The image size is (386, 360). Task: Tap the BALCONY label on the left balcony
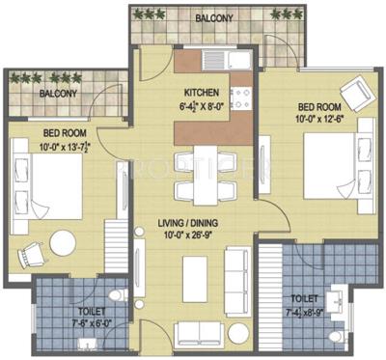pos(59,95)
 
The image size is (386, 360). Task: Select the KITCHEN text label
pos(204,95)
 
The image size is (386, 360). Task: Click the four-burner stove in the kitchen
pos(240,97)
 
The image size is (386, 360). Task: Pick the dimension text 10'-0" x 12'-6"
pos(318,119)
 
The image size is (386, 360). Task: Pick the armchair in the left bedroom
pos(34,251)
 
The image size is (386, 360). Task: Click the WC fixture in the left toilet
pos(114,297)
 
